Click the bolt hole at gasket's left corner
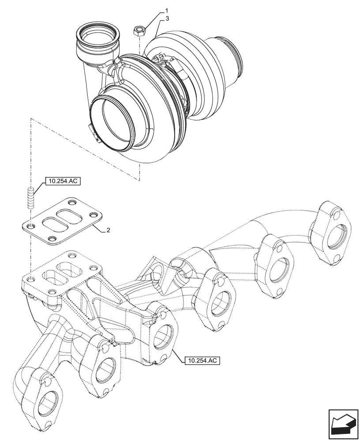point(30,227)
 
